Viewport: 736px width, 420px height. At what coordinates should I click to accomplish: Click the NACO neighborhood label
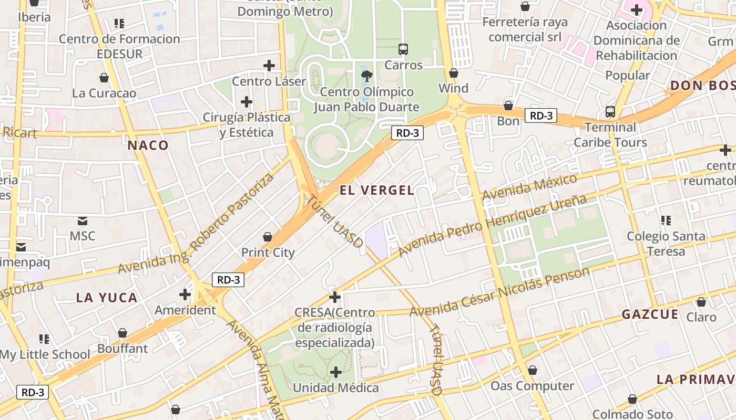pos(148,145)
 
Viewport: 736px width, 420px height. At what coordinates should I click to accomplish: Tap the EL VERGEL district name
pos(377,190)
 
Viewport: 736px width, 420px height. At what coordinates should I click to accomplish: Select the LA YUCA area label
pos(107,298)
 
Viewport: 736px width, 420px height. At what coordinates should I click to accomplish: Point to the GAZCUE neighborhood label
pos(650,314)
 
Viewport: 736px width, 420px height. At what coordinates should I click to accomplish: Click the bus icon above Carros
pos(403,49)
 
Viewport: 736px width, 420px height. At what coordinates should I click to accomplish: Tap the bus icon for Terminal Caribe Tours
pos(610,111)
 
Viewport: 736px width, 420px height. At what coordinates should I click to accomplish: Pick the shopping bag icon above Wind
pos(453,73)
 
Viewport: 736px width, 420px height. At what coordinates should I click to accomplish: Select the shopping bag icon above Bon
pos(508,106)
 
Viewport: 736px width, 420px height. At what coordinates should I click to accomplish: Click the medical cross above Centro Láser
pos(269,66)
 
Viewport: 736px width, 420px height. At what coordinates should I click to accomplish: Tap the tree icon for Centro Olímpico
pos(367,76)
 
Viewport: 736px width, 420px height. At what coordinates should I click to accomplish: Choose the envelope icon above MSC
pos(83,220)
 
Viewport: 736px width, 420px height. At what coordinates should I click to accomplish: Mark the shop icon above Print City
pos(268,237)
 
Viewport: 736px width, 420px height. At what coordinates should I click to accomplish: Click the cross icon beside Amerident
pos(185,295)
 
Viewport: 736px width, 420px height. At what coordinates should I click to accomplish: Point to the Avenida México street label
pos(529,187)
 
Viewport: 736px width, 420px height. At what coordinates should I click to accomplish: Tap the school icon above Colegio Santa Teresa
pos(666,220)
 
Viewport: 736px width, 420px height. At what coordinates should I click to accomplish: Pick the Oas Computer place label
pos(532,386)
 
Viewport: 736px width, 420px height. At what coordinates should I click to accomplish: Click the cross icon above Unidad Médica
pos(335,372)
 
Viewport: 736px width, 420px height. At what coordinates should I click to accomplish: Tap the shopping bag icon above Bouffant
pos(122,333)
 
